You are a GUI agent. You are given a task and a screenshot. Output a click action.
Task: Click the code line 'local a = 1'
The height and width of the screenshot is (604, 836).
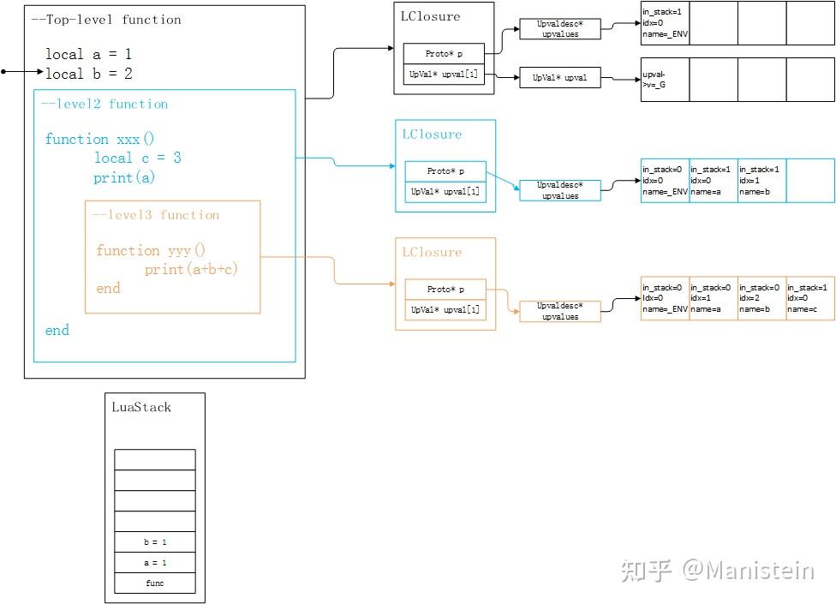pyautogui.click(x=88, y=54)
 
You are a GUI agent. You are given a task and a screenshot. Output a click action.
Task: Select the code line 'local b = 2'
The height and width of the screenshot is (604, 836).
pyautogui.click(x=88, y=74)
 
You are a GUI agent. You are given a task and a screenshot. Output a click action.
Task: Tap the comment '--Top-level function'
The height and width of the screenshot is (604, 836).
pyautogui.click(x=106, y=19)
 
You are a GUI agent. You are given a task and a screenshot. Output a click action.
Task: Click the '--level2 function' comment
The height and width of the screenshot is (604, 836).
pyautogui.click(x=104, y=104)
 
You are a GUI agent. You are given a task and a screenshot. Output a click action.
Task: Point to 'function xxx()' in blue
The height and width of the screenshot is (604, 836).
pyautogui.click(x=99, y=139)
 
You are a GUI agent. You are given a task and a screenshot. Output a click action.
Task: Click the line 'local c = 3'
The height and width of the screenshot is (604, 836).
pyautogui.click(x=137, y=158)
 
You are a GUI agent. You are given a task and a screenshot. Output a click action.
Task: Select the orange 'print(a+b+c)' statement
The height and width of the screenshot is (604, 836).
pyautogui.click(x=191, y=269)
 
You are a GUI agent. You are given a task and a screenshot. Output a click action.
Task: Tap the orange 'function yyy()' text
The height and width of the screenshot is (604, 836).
pyautogui.click(x=151, y=250)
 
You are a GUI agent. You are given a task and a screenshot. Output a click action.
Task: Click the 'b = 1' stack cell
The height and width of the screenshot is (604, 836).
pyautogui.click(x=155, y=542)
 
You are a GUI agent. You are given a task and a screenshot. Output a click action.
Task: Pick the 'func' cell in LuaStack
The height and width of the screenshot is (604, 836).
pyautogui.click(x=155, y=583)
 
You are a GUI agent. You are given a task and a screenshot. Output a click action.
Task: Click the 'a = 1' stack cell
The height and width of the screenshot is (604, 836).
pyautogui.click(x=155, y=563)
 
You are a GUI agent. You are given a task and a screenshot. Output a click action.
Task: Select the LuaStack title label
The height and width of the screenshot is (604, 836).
pyautogui.click(x=141, y=407)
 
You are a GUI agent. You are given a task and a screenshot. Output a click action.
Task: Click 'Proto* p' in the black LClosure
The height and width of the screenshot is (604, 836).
pyautogui.click(x=444, y=54)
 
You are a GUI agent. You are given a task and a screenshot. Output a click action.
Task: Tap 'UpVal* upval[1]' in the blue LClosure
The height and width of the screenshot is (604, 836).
pyautogui.click(x=445, y=192)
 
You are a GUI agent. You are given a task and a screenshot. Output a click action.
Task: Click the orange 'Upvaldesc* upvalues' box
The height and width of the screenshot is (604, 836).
pyautogui.click(x=559, y=311)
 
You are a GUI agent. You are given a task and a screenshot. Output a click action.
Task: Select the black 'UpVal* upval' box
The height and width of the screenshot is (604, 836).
pyautogui.click(x=559, y=78)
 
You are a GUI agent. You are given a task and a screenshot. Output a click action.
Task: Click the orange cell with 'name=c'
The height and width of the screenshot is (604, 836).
pyautogui.click(x=809, y=298)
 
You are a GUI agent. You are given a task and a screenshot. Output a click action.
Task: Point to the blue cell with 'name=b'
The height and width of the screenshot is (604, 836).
pyautogui.click(x=761, y=181)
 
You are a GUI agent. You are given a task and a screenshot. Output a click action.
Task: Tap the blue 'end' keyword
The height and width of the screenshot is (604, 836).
pyautogui.click(x=57, y=330)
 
